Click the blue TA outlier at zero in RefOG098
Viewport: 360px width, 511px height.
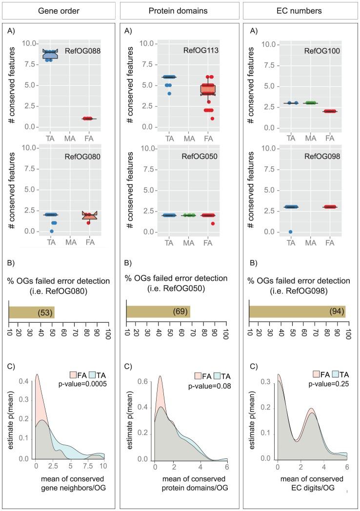pyautogui.click(x=290, y=232)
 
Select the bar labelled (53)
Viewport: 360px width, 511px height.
pyautogui.click(x=32, y=312)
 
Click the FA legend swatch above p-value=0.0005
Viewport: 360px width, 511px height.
pyautogui.click(x=67, y=375)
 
